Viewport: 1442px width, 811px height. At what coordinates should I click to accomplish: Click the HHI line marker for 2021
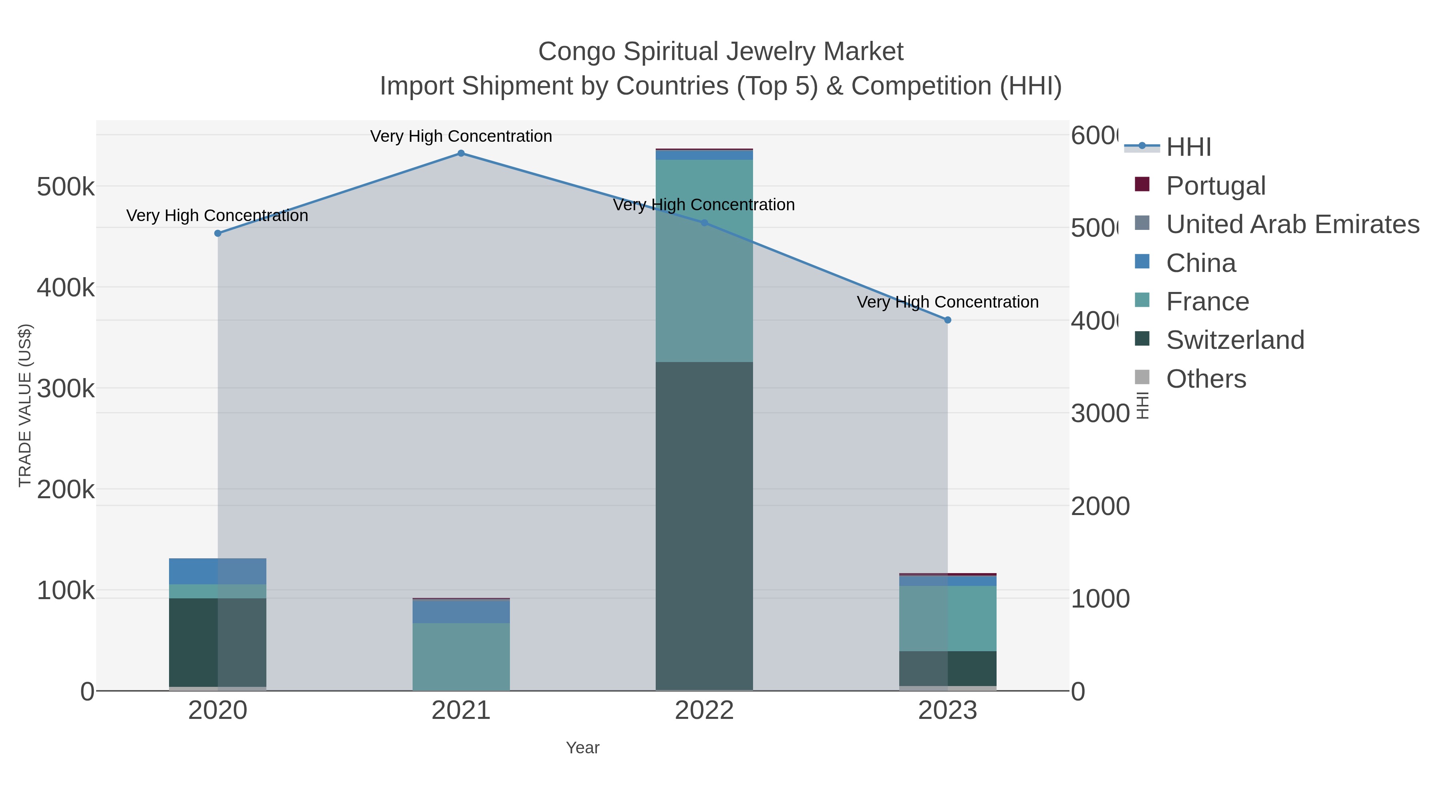coord(461,153)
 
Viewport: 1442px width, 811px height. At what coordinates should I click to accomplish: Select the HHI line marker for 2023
coord(947,320)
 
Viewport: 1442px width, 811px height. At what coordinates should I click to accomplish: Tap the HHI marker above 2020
coord(218,233)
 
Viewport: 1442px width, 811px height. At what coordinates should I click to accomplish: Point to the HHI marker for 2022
coord(704,223)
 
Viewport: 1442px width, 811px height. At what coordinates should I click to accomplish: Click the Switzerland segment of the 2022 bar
coord(704,526)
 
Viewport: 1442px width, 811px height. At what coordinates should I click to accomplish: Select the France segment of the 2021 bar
coord(461,656)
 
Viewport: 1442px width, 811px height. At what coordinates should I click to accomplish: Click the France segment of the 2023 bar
coord(947,618)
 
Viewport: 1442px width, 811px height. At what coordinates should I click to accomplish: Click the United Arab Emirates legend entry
coord(1292,224)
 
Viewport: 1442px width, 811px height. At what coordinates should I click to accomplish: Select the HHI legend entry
coord(1188,147)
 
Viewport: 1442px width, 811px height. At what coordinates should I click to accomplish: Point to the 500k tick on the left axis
coord(66,187)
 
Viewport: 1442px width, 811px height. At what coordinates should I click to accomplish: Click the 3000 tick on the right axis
coord(1100,414)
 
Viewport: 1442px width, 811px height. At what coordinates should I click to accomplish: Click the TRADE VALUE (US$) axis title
coord(25,405)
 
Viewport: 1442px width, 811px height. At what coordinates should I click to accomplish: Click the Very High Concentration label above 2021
coord(461,137)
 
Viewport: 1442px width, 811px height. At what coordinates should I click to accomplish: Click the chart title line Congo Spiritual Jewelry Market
coord(721,52)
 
